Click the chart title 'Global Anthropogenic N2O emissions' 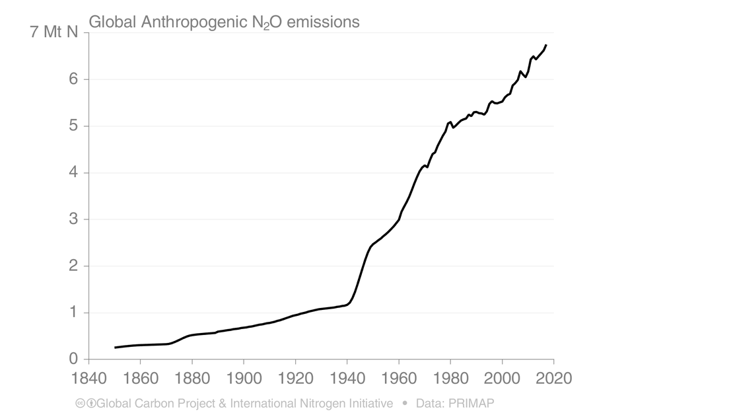[x=224, y=22]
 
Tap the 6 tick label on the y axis [x=73, y=79]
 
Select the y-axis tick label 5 [x=73, y=126]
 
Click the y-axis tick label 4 [x=73, y=173]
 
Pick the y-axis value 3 [x=73, y=219]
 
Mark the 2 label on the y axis [x=73, y=266]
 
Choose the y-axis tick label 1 [x=73, y=313]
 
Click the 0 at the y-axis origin [x=73, y=359]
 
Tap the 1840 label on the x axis [x=88, y=379]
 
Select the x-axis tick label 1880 [x=192, y=379]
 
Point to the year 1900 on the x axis [x=244, y=379]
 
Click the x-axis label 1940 [x=347, y=379]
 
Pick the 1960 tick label [x=399, y=379]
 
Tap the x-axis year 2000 [x=503, y=379]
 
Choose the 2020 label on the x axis [x=553, y=379]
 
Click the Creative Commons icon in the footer [x=81, y=403]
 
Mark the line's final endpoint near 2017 [x=546, y=45]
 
